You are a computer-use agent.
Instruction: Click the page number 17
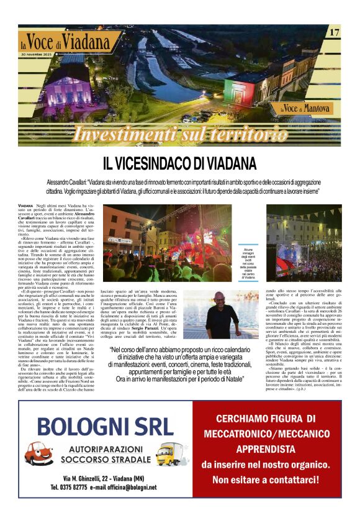point(333,32)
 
